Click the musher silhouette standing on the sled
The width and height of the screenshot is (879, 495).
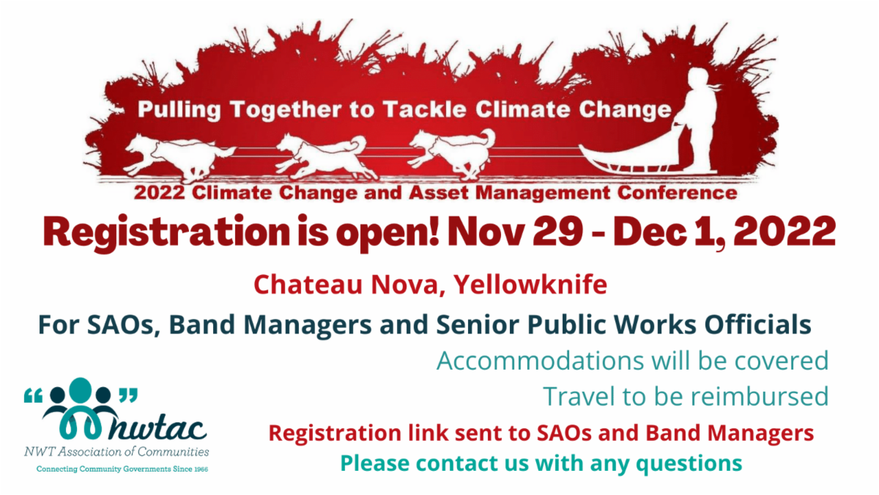[700, 118]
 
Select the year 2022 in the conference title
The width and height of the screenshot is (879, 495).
[159, 193]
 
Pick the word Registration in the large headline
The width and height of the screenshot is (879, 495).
[166, 233]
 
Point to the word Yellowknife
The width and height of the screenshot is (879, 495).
[530, 285]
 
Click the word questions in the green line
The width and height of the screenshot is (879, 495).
[689, 463]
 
